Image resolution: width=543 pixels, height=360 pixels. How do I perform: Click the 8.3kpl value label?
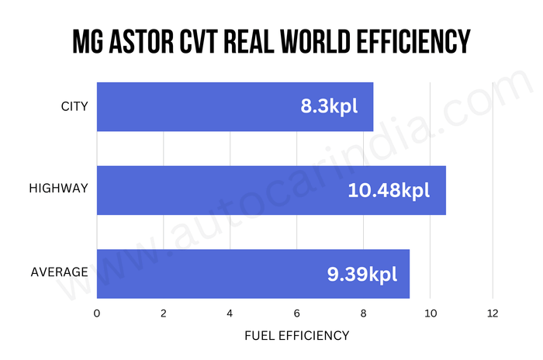[329, 106]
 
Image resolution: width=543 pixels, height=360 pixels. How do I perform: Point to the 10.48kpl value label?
[388, 189]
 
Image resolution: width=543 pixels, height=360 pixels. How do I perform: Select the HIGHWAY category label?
[58, 189]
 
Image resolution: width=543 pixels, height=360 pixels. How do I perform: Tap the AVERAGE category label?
[59, 272]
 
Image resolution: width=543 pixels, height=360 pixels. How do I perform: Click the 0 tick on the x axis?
[96, 313]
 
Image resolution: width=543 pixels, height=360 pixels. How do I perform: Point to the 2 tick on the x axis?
[164, 313]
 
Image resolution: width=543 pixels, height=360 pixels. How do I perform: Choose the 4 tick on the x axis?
[230, 313]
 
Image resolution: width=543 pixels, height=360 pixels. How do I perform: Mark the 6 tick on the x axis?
[297, 313]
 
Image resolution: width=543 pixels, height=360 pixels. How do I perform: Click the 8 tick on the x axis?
[363, 313]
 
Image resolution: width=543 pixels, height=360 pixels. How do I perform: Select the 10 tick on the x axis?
[430, 313]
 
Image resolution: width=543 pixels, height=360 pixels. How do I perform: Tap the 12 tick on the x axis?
[493, 313]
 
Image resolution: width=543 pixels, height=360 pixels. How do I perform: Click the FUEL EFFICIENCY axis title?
[296, 336]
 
